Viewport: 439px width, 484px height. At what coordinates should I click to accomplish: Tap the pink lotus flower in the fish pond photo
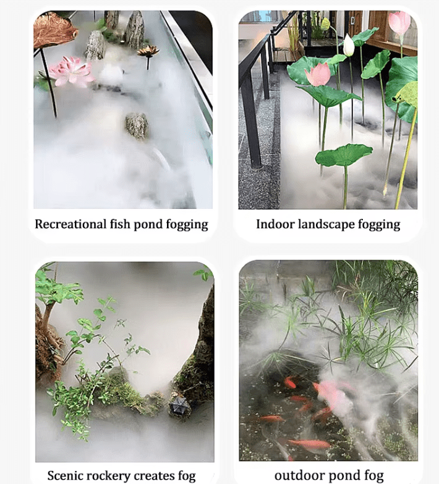[70, 72]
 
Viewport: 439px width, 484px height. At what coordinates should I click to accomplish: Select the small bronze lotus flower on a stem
[148, 51]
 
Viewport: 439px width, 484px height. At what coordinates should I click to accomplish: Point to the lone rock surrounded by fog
[137, 125]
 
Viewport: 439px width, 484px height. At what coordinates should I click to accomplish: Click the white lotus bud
[349, 45]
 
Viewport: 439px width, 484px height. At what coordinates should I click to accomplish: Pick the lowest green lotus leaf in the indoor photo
[344, 155]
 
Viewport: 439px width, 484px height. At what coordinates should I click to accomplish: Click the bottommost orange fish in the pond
[309, 444]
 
